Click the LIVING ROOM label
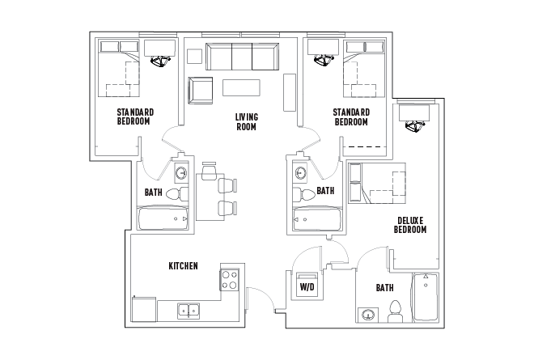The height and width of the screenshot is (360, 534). point(246,121)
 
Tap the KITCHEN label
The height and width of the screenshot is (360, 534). point(183,266)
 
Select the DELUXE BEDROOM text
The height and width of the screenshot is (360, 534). point(410,225)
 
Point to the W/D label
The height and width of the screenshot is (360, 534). point(307,287)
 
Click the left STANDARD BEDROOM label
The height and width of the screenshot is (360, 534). point(135,116)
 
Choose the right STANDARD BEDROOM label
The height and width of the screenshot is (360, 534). point(351,116)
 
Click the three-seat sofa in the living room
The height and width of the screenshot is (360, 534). point(241,57)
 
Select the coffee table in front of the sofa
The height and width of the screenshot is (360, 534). point(243,87)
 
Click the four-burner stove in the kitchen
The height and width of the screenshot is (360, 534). point(229,281)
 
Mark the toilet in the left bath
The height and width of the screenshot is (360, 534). point(176,193)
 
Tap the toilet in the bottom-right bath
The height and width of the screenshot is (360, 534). point(396,311)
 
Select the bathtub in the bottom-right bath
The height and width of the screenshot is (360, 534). point(426,299)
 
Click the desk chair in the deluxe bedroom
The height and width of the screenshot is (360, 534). point(417,125)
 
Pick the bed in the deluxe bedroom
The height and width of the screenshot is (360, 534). point(379,183)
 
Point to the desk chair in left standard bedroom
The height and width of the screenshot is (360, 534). point(162,61)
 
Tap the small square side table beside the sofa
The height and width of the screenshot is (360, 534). point(193,56)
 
